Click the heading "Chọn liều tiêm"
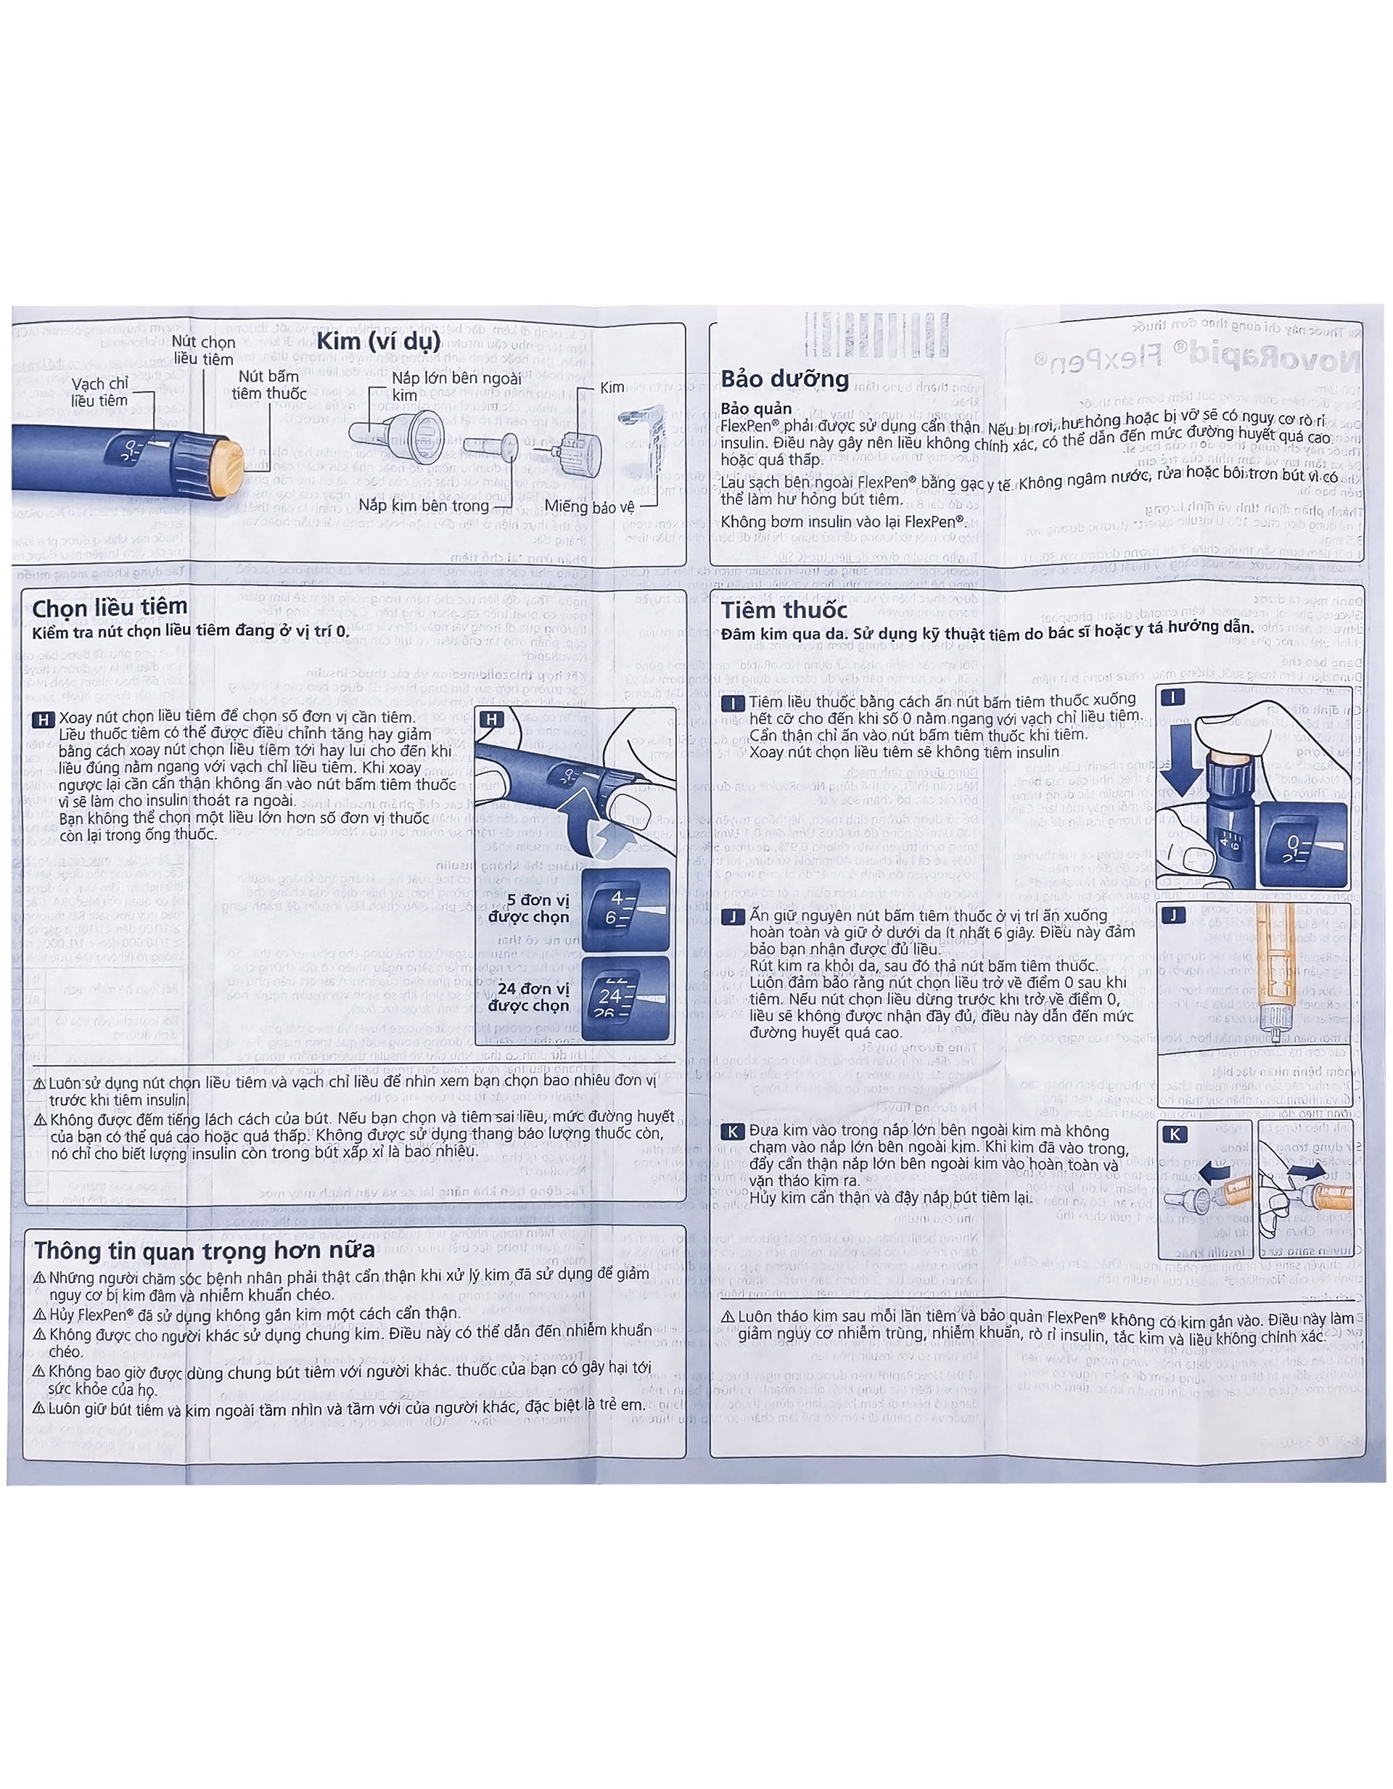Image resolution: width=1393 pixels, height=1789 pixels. (x=110, y=607)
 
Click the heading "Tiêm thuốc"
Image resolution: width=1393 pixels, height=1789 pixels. (x=784, y=610)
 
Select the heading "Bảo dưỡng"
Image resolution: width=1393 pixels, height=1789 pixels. (x=784, y=379)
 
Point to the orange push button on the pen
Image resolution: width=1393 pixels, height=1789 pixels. (x=228, y=467)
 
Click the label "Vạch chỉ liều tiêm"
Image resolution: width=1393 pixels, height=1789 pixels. (x=99, y=392)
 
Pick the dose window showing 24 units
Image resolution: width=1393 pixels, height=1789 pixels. (x=625, y=997)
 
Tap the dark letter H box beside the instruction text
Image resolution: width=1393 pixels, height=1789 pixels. (x=43, y=720)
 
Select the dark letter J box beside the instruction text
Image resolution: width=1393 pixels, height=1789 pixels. (x=732, y=918)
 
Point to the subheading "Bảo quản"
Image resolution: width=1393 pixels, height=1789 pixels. (x=755, y=408)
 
